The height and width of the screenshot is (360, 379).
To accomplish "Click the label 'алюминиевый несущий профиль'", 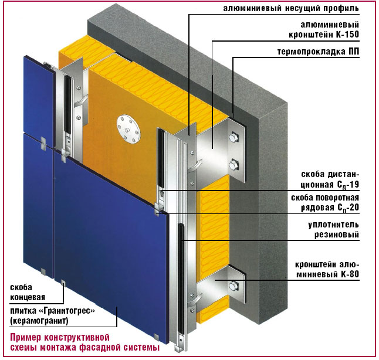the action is pyautogui.click(x=291, y=8).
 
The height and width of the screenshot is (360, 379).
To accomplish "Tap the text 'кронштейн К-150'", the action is pyautogui.click(x=324, y=35).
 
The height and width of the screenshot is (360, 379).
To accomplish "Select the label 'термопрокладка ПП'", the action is pyautogui.click(x=318, y=52).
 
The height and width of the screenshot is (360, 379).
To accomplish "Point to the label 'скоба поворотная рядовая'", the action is pyautogui.click(x=325, y=202).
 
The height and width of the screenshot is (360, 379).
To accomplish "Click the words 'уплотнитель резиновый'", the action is pyautogui.click(x=334, y=229).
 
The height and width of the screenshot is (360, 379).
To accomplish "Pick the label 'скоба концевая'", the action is pyautogui.click(x=28, y=292).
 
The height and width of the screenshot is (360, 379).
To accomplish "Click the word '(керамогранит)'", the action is pyautogui.click(x=39, y=321).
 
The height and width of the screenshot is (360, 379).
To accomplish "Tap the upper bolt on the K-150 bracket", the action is pyautogui.click(x=234, y=138).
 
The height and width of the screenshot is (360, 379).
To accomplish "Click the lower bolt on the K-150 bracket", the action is pyautogui.click(x=234, y=165).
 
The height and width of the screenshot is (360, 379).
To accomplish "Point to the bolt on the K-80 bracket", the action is pyautogui.click(x=234, y=286).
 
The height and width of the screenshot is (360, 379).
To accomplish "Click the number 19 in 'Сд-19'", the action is pyautogui.click(x=354, y=184).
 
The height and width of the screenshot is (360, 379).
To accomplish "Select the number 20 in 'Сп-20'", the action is pyautogui.click(x=354, y=208).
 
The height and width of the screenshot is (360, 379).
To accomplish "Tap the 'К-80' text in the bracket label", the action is pyautogui.click(x=350, y=274).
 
